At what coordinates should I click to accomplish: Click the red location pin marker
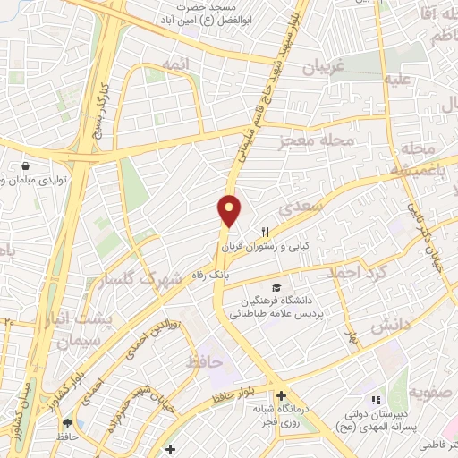[230, 209]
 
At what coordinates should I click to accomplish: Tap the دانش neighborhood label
[389, 325]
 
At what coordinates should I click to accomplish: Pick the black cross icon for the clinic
[281, 395]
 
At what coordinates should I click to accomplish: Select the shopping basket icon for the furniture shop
[28, 166]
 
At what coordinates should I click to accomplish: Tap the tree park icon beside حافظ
[70, 424]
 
